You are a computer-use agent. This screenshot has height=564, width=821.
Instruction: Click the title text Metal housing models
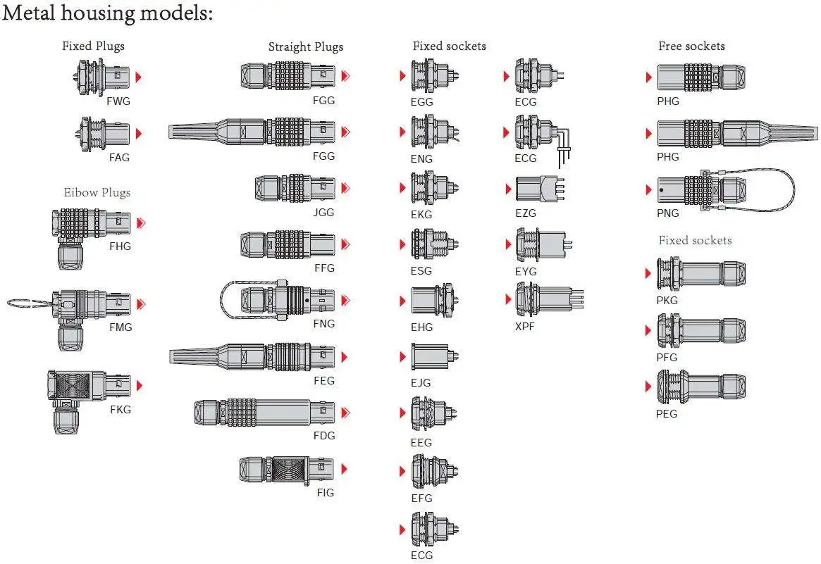107,13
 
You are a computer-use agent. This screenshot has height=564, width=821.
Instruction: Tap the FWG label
118,101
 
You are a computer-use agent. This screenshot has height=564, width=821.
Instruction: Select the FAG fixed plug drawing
103,133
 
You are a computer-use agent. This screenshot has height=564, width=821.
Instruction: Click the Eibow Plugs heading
97,192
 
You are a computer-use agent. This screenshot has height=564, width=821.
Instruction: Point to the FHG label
120,246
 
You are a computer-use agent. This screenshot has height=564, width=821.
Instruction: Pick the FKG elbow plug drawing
89,400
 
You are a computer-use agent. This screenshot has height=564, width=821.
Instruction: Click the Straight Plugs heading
306,46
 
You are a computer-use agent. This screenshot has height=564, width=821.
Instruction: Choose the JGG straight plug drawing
295,188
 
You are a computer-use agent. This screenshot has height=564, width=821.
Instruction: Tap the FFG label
324,268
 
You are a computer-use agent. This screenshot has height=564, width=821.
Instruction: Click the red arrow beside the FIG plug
344,469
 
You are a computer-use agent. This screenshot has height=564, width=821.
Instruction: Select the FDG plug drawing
264,413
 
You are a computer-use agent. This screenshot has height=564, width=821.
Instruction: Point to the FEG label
324,380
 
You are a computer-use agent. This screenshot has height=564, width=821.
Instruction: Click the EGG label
421,101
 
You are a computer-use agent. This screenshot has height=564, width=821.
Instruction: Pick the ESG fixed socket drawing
435,244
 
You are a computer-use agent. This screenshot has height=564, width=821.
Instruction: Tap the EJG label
421,382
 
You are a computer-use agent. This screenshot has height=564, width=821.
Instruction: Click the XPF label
524,326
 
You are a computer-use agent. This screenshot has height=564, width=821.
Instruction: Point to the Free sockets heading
691,46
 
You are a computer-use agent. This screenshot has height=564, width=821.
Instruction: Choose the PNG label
667,213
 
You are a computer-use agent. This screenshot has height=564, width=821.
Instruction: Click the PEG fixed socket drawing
702,386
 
